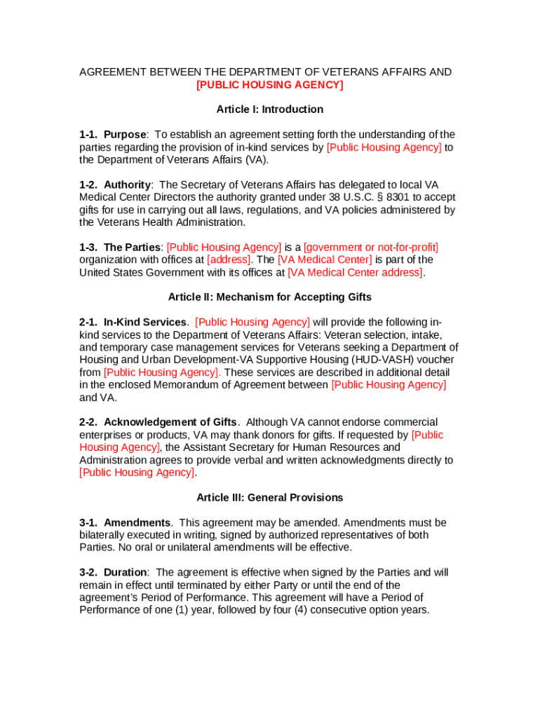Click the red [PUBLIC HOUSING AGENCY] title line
pos(270,85)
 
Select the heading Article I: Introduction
pos(270,109)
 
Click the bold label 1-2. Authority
pos(115,184)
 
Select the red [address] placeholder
pos(229,259)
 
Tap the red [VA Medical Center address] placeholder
pos(356,272)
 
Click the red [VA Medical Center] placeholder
pos(325,259)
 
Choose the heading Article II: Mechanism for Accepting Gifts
pos(270,297)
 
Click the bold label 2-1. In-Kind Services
pos(133,323)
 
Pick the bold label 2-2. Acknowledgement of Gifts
pos(158,422)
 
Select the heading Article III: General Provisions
pos(270,498)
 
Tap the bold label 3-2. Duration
pos(113,573)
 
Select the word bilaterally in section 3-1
pos(104,535)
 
